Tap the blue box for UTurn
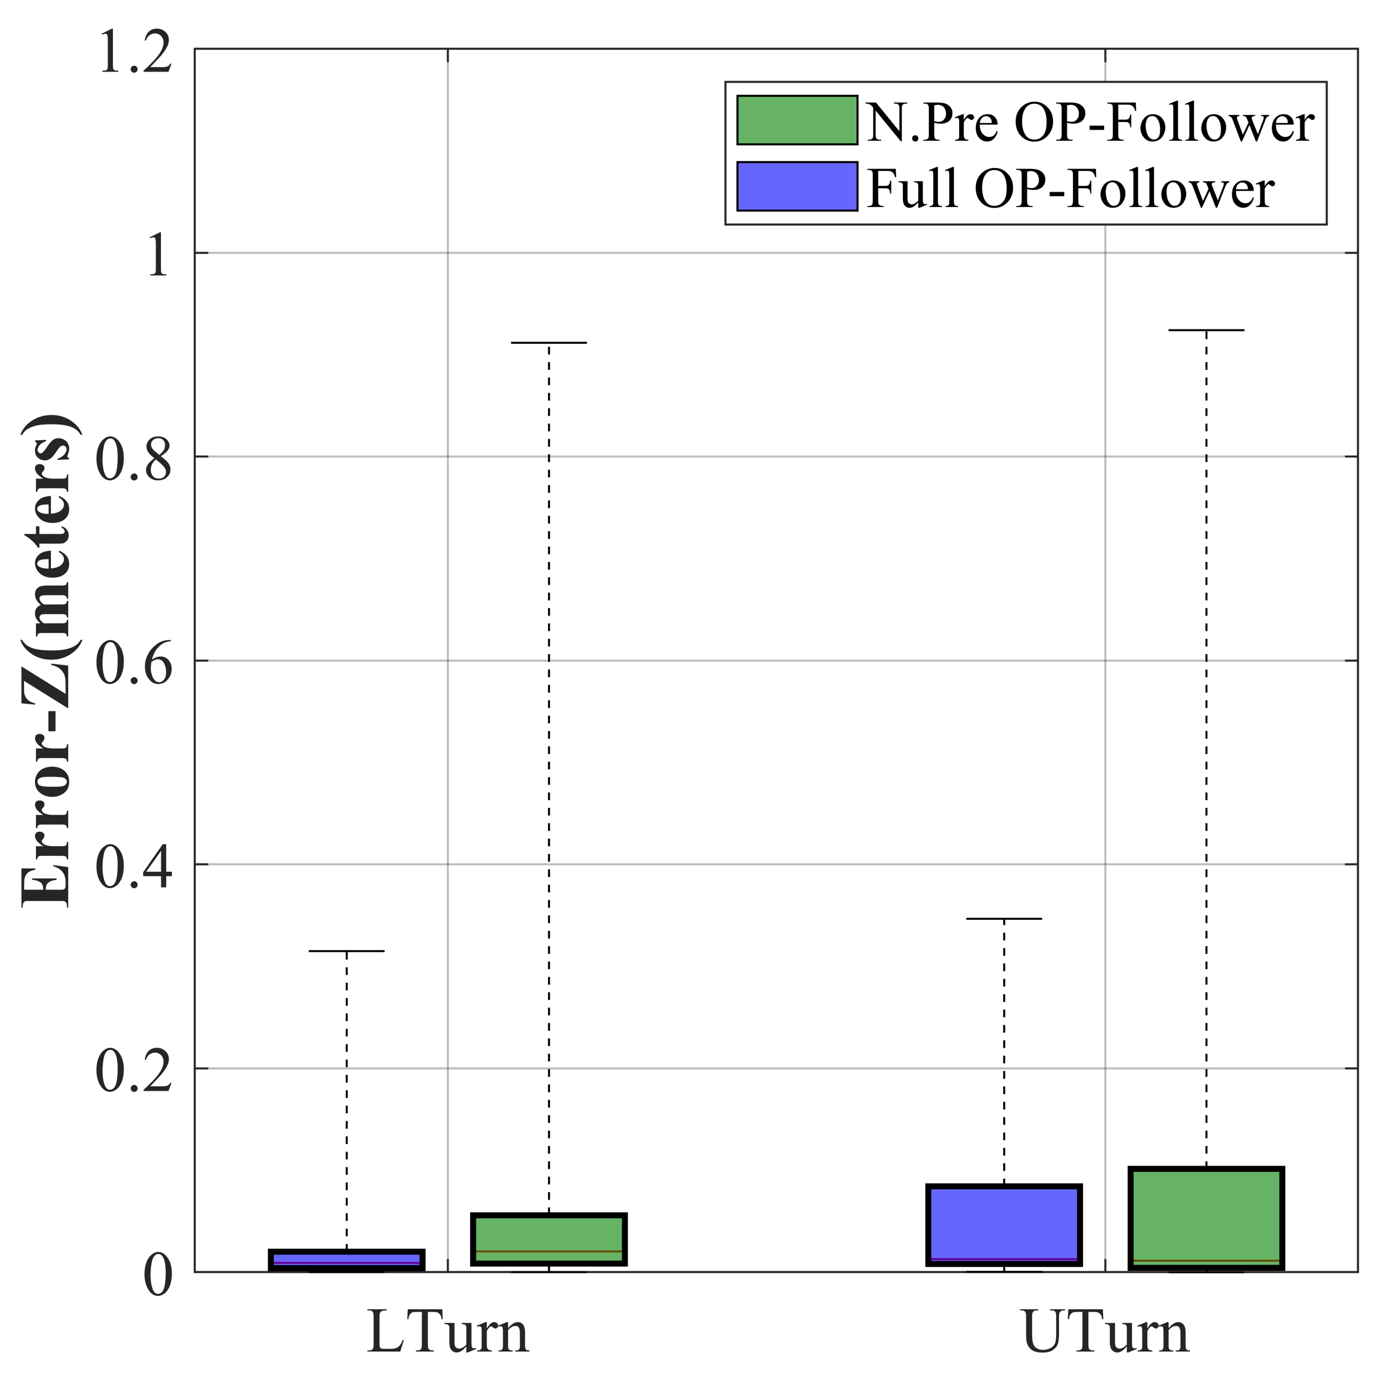coord(1004,1225)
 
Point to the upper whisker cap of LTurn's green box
coord(548,343)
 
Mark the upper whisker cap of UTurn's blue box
coord(1004,918)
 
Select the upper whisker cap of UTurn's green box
coord(1206,330)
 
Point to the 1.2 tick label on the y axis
coord(135,52)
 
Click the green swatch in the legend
coord(797,120)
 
